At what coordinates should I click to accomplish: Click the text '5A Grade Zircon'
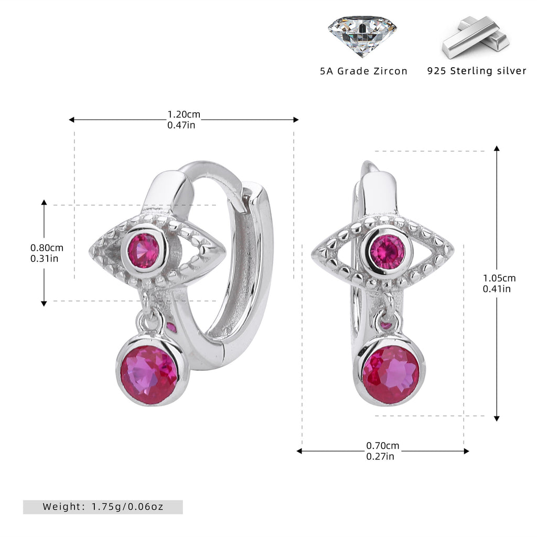pos(364,71)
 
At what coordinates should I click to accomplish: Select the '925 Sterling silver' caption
pos(477,71)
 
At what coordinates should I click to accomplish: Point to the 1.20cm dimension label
pos(184,114)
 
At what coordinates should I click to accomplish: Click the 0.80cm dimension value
pos(47,248)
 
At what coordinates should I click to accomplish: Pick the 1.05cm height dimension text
pos(499,278)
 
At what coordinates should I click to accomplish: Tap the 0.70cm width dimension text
pos(382,446)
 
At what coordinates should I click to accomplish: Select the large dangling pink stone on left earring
pos(149,370)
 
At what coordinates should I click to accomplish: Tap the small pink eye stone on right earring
pos(388,252)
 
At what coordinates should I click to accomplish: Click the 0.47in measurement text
pos(181,125)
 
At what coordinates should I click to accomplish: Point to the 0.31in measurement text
pos(44,258)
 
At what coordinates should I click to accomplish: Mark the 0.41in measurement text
pos(497,289)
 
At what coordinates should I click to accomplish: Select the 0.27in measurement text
pos(380,456)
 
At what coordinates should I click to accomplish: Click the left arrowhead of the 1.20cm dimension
pos(71,120)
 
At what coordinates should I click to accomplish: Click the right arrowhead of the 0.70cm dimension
pos(466,451)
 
